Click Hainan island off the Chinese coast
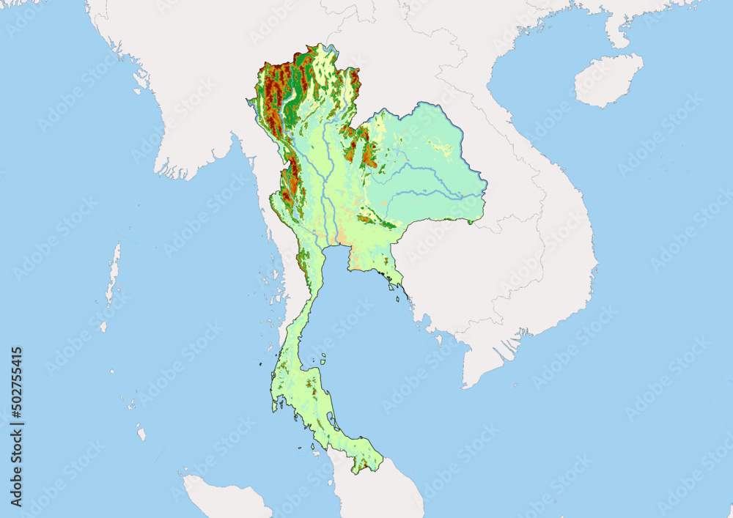607,79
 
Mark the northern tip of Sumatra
192,484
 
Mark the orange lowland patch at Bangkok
339,238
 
